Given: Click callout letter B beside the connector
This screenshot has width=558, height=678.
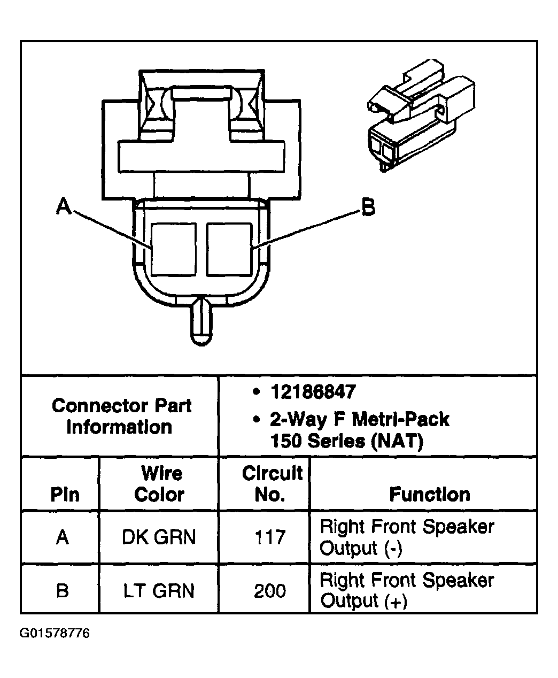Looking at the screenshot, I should pos(368,207).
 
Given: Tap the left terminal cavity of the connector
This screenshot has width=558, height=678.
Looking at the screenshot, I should pos(174,249).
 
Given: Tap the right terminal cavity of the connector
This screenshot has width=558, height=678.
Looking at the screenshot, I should pos(229,249).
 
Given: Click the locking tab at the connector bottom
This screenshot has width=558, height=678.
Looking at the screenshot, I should pos(201,322).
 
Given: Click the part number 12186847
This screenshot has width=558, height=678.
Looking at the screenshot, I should pos(313,392).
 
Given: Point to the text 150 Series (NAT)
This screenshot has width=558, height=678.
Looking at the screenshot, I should pos(346,441).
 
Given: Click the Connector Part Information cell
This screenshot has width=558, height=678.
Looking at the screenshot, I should pos(121,416).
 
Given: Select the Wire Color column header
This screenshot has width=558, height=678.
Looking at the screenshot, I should pos(159,483).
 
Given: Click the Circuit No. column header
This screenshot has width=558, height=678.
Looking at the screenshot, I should pos(272,483).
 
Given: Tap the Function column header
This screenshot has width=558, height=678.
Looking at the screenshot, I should pos(429,494).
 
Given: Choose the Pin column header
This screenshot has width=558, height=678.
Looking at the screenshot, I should pos(64,494).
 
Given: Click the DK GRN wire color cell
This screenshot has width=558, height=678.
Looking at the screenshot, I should pos(159,537).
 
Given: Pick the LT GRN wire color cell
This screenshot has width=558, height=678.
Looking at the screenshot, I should pos(159,591).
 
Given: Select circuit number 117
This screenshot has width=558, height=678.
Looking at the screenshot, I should pos(270,537).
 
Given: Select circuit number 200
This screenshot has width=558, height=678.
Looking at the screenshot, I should pos(270,591).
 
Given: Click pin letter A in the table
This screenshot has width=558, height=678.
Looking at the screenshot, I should pos(62,537).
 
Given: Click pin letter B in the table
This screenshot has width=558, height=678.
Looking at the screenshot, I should pos(62,591).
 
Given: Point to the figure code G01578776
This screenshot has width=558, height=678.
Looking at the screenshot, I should pos(55,634).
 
